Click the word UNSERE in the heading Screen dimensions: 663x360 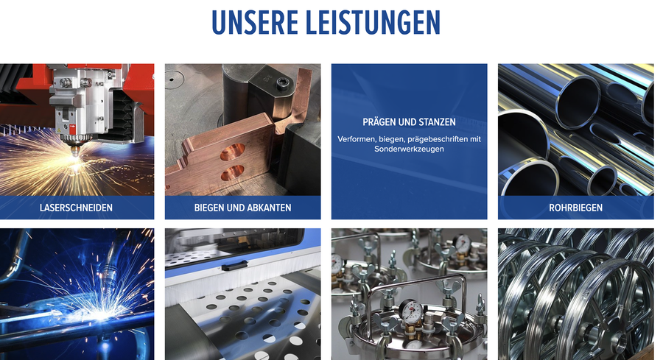click(255, 22)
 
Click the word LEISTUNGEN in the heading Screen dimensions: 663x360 click(373, 22)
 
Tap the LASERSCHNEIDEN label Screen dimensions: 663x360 click(76, 208)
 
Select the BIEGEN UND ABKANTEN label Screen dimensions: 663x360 click(242, 208)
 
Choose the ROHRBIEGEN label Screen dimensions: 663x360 click(575, 208)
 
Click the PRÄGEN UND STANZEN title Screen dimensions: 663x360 click(409, 121)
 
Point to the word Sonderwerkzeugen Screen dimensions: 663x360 click(409, 149)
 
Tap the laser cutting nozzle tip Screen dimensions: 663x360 click(75, 152)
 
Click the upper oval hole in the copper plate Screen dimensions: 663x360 click(233, 152)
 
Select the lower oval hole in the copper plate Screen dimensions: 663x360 click(232, 172)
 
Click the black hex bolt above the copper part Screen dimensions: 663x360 click(283, 84)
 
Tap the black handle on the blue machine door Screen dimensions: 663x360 click(234, 267)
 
